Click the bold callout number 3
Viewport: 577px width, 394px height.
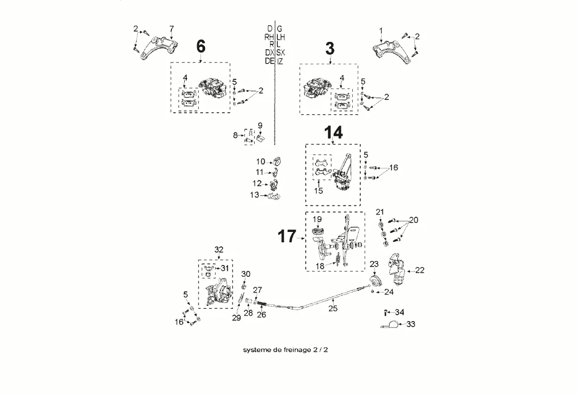point(330,48)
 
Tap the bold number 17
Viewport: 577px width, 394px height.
point(287,236)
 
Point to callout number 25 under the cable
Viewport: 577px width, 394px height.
point(333,309)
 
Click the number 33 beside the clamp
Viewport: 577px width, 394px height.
point(411,324)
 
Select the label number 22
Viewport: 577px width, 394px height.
point(420,270)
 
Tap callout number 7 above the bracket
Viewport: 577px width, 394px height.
point(171,28)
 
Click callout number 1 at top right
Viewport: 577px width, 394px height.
point(380,31)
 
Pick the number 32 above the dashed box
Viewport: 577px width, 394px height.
point(219,249)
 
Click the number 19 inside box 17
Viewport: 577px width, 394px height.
point(317,219)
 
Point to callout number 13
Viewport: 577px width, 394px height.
point(254,195)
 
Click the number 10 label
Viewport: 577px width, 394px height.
point(260,162)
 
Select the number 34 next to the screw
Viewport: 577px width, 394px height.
point(400,312)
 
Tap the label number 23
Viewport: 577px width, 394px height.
point(374,264)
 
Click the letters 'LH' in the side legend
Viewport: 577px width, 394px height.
point(281,37)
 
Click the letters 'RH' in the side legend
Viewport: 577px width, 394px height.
point(269,37)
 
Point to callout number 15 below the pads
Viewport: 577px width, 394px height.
point(319,191)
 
